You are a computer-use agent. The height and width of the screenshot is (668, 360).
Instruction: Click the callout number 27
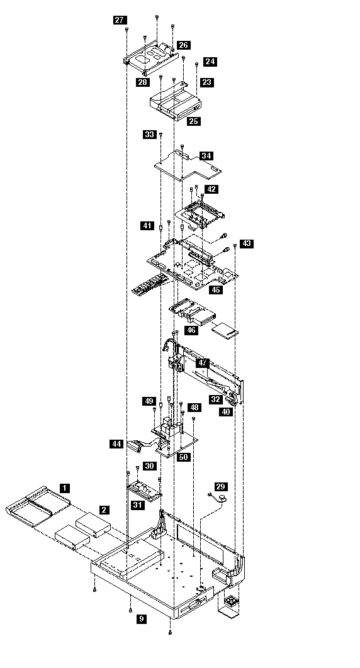[120, 19]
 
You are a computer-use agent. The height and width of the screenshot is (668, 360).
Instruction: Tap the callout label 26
[184, 45]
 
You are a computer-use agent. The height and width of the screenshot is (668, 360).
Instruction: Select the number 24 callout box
[210, 62]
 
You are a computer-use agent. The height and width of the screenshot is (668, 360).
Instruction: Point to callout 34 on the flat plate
[206, 155]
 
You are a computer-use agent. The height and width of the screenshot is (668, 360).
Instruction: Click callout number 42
[211, 189]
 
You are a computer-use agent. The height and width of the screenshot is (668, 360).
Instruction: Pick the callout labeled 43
[247, 243]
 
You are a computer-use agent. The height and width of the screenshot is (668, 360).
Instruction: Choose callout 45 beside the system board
[216, 290]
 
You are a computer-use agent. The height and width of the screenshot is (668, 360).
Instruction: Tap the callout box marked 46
[191, 330]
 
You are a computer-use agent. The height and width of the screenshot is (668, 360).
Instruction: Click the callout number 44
[116, 444]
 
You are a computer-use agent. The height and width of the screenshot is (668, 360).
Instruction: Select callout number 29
[221, 486]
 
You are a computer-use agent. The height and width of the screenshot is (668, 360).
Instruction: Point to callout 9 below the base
[142, 618]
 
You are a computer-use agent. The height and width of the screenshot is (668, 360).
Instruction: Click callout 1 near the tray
[65, 488]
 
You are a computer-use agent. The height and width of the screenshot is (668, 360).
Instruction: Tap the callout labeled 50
[183, 457]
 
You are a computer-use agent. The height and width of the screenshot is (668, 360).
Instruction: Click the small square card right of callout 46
[225, 331]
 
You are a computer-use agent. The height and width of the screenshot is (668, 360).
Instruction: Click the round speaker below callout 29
[223, 498]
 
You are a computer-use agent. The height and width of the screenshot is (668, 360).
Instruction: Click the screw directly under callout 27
[127, 30]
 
